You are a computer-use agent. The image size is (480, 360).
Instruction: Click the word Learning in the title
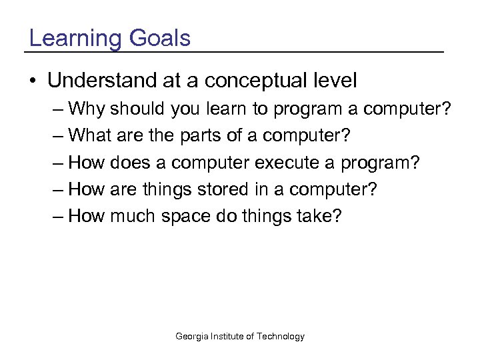(74, 39)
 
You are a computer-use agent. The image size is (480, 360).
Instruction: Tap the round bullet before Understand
(33, 81)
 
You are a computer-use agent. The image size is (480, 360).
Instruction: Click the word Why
(87, 109)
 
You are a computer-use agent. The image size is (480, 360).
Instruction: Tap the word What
(91, 136)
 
